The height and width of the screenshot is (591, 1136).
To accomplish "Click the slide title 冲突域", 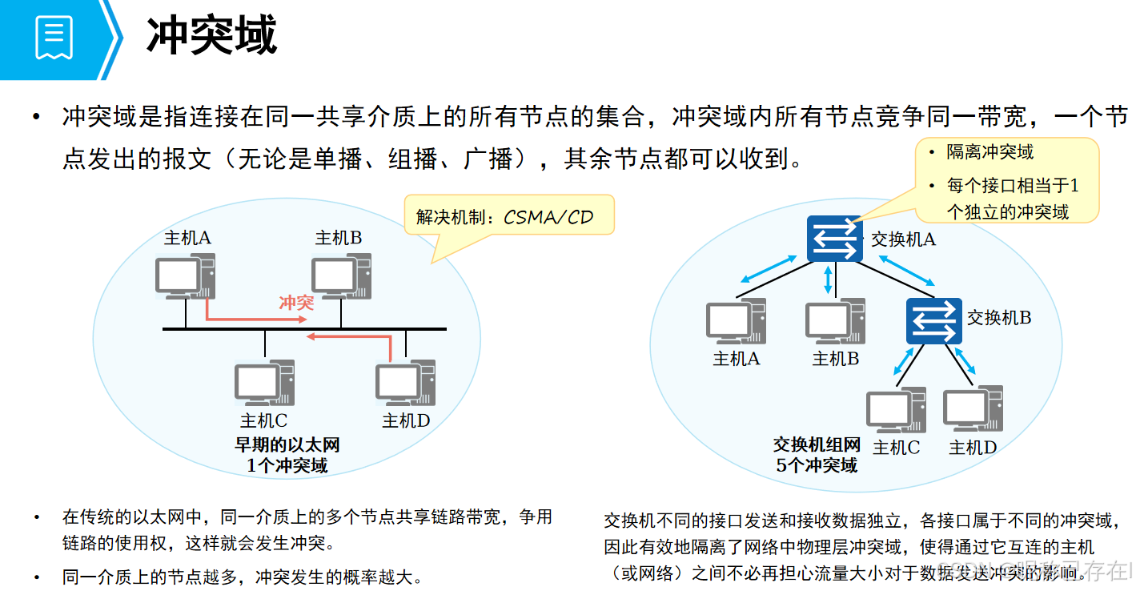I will (x=212, y=36).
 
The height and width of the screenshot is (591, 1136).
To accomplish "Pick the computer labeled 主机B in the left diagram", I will (x=341, y=276).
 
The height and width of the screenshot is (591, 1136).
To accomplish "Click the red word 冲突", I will (x=296, y=302).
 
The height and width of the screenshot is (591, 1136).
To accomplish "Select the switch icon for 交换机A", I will (x=835, y=238).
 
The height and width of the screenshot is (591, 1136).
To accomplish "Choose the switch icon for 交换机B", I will (x=933, y=320).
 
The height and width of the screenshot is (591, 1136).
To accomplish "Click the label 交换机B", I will (x=999, y=318).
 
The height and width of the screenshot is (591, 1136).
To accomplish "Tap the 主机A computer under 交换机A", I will (x=736, y=322).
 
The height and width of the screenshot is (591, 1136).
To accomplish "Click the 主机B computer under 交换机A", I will (x=835, y=322).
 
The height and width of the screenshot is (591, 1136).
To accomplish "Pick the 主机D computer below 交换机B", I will (x=973, y=411).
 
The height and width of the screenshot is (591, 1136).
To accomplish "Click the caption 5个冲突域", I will (x=816, y=465).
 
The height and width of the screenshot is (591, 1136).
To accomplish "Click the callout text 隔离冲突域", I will (x=990, y=152).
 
